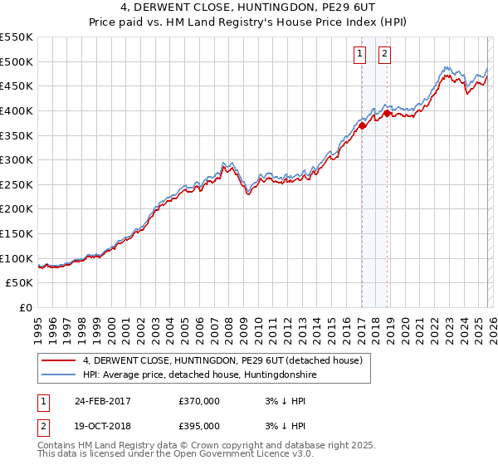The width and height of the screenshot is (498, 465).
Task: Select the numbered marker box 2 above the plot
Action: coord(386,55)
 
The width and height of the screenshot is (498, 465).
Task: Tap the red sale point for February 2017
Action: coord(362,125)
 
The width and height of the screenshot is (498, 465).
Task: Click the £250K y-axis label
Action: coord(17,184)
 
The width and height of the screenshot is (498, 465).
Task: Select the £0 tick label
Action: coord(25,307)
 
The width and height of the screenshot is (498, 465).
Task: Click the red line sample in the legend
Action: coord(59,361)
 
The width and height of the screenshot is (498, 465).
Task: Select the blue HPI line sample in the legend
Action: coord(59,375)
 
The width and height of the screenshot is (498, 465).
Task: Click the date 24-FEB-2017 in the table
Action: coord(102,400)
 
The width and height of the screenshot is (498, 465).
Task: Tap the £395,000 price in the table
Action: coord(199,425)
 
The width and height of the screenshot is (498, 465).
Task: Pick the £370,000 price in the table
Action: coord(199,400)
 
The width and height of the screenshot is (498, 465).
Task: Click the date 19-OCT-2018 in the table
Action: coord(102,425)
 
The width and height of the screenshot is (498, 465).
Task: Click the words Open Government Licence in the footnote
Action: coord(217,454)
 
